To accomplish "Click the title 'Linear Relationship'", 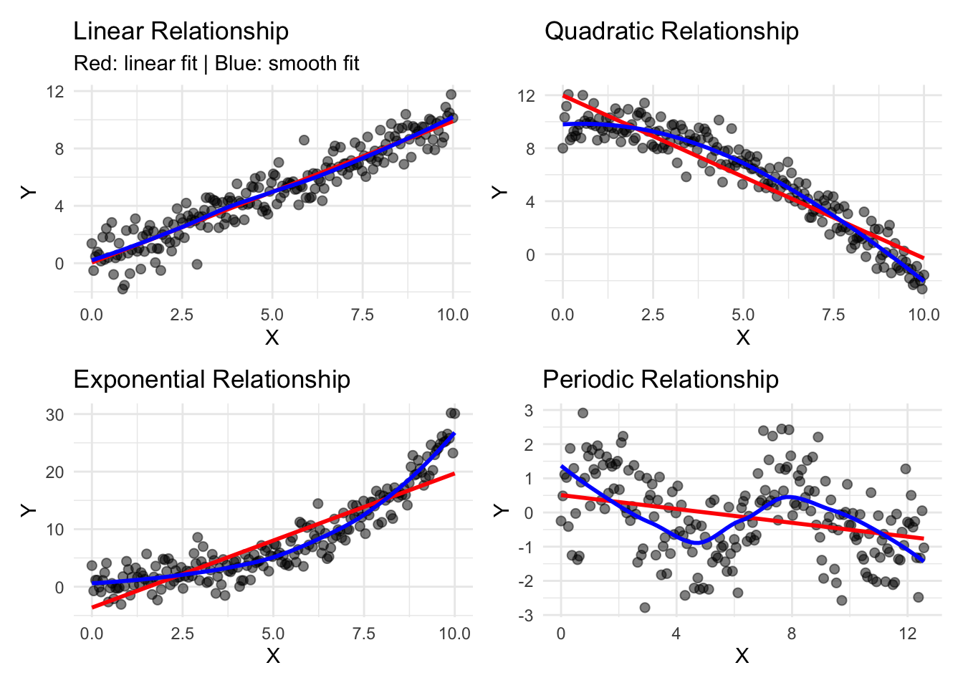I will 181,32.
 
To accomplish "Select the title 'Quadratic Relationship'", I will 671,32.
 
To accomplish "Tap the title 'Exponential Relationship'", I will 211,379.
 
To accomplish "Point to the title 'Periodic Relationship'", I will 661,379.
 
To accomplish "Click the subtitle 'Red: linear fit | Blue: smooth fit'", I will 216,64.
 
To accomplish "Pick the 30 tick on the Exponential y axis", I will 54,415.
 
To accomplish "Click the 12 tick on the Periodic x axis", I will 907,634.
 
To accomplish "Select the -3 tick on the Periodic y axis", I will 528,616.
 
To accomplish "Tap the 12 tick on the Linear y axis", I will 55,92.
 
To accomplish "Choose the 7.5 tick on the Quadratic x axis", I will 833,315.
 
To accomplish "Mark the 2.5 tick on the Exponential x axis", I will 182,634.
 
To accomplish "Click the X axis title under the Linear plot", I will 272,338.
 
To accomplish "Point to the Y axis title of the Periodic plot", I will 502,510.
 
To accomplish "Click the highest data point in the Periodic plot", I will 583,413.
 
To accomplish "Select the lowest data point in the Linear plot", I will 123,288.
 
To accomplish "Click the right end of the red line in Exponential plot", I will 454,473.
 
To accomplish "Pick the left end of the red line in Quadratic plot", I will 563,95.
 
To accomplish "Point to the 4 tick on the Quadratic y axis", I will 530,202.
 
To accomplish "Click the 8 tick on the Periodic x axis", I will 791,634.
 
